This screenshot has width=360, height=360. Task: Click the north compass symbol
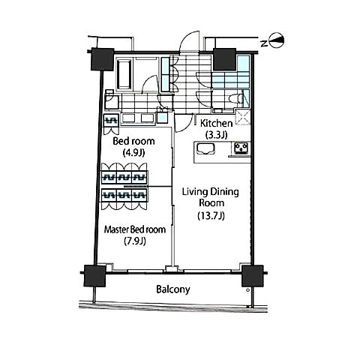click(276, 40)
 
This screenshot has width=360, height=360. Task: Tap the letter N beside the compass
click(263, 43)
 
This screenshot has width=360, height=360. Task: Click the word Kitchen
click(217, 123)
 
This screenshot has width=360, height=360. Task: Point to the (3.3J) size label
click(217, 135)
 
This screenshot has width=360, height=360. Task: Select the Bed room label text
click(133, 141)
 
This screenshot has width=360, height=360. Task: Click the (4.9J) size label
click(134, 152)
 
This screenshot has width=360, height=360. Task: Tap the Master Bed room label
click(135, 229)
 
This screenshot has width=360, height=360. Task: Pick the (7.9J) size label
click(135, 241)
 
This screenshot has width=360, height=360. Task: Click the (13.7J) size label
click(211, 215)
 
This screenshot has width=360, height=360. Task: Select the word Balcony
click(173, 289)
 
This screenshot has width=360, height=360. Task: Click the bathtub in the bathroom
click(124, 73)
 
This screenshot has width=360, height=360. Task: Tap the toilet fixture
click(236, 98)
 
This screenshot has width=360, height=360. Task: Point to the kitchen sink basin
click(205, 149)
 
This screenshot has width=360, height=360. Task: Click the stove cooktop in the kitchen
click(241, 148)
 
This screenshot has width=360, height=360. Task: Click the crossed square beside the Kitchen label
click(243, 117)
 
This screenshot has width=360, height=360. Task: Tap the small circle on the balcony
click(247, 290)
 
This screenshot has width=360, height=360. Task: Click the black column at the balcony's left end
click(94, 275)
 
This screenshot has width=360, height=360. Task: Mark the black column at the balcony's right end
click(253, 276)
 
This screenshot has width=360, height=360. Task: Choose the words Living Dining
click(210, 192)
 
